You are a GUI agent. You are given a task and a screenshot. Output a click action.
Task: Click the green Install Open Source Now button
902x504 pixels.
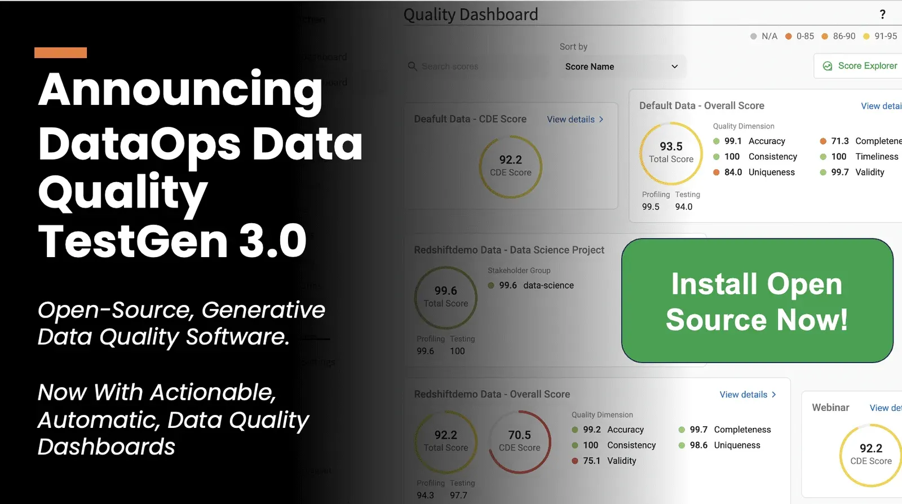pyautogui.click(x=757, y=300)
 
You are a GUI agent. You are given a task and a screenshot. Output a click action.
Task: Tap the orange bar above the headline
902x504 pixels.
pyautogui.click(x=60, y=52)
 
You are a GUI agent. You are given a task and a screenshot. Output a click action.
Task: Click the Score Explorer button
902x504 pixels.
pyautogui.click(x=860, y=66)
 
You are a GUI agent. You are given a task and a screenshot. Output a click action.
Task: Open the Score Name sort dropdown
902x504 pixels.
pyautogui.click(x=621, y=67)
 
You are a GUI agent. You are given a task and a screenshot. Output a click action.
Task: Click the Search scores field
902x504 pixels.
pyautogui.click(x=476, y=67)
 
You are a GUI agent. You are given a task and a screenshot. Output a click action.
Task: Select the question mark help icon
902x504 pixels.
pyautogui.click(x=882, y=15)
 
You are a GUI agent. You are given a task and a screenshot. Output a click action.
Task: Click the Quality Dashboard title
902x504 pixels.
pyautogui.click(x=471, y=15)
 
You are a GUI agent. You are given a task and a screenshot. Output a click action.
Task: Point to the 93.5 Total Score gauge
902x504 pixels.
pyautogui.click(x=671, y=153)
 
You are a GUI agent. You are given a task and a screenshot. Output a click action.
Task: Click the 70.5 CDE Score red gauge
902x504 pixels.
pyautogui.click(x=519, y=441)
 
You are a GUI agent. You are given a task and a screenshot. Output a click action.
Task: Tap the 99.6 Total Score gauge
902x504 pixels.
pyautogui.click(x=445, y=297)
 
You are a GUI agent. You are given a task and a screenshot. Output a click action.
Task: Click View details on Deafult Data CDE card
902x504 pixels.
pyautogui.click(x=575, y=120)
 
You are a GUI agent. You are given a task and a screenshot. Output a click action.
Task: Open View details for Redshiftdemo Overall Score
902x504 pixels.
pyautogui.click(x=748, y=395)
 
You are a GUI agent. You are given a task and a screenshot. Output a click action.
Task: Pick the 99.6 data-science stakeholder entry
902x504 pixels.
pyautogui.click(x=531, y=286)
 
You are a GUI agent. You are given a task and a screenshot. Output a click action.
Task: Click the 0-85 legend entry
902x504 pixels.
pyautogui.click(x=800, y=36)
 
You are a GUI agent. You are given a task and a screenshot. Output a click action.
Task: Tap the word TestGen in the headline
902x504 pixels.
pyautogui.click(x=133, y=241)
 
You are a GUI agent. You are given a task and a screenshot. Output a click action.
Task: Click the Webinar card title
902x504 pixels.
pyautogui.click(x=830, y=408)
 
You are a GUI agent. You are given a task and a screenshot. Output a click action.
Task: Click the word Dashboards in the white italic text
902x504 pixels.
pyautogui.click(x=107, y=446)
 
